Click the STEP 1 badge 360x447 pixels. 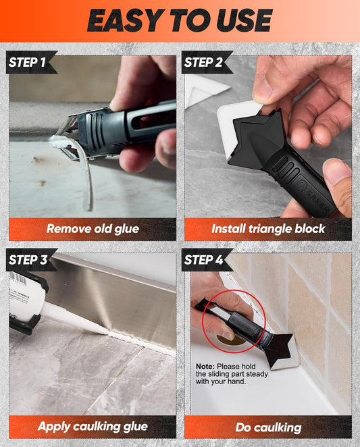click(x=32, y=62)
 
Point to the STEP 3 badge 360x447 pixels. click(x=32, y=260)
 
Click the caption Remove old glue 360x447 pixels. click(x=93, y=229)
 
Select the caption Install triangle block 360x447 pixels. click(x=268, y=229)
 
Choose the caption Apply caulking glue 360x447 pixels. click(x=93, y=427)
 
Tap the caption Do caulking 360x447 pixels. click(x=268, y=427)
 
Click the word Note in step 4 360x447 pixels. click(x=205, y=367)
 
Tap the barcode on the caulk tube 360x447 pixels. click(x=18, y=279)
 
